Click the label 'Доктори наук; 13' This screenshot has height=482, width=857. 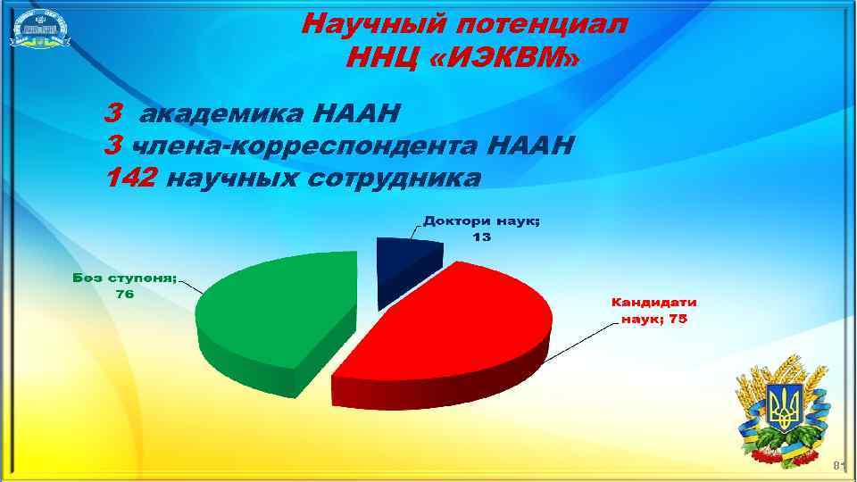pyautogui.click(x=481, y=229)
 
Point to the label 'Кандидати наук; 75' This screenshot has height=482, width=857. pyautogui.click(x=653, y=311)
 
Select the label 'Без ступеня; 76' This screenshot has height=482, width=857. pyautogui.click(x=124, y=286)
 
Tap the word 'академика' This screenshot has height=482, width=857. pyautogui.click(x=234, y=113)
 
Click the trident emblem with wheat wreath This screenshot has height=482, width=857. pyautogui.click(x=785, y=411)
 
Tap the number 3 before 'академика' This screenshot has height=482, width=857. pyautogui.click(x=113, y=113)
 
